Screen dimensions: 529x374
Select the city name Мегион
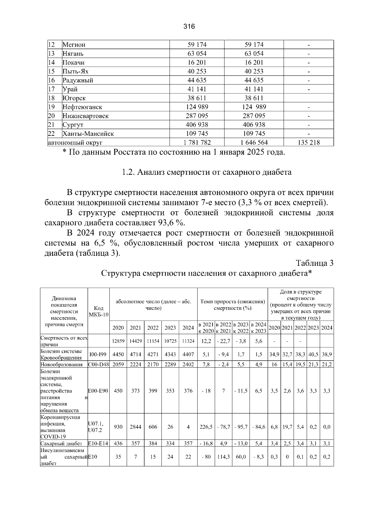point(74,45)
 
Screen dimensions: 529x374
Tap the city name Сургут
point(73,125)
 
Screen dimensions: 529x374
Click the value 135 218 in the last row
point(309,143)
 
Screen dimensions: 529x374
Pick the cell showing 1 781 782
point(197,143)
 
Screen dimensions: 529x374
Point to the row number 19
point(51,107)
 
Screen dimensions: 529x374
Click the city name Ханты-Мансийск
point(88,134)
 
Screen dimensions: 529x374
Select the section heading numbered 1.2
point(207,172)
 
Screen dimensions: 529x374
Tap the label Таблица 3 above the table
point(314,263)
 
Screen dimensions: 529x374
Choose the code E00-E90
point(98,391)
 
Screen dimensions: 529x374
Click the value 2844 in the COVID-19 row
point(135,427)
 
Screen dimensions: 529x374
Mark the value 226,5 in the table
point(206,427)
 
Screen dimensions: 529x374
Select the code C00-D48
point(98,365)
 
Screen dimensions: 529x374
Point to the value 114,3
point(223,456)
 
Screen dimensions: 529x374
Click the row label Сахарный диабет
point(61,444)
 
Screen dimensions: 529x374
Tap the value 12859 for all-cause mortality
point(118,341)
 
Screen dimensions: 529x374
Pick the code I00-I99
point(98,354)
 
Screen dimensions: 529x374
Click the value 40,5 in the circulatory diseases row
point(313,354)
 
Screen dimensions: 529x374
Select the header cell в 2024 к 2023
point(258,328)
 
